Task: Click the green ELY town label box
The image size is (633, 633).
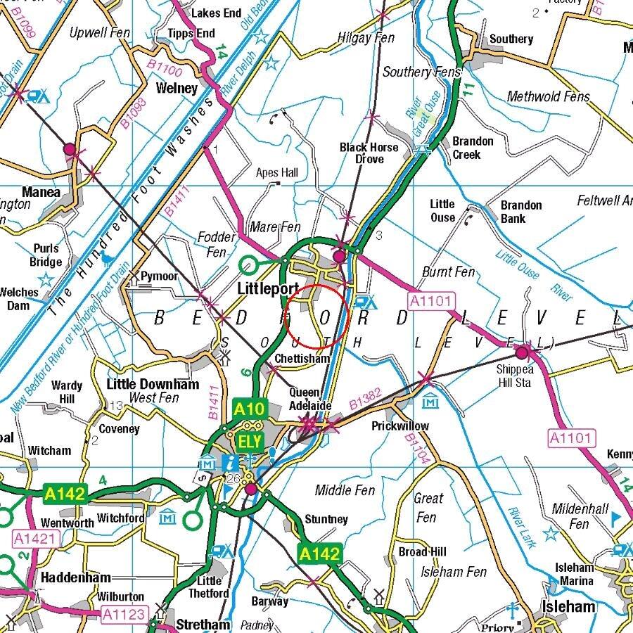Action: click(250, 442)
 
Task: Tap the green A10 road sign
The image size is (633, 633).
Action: click(249, 409)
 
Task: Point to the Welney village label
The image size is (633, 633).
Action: click(177, 88)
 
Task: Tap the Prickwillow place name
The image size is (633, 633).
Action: click(399, 426)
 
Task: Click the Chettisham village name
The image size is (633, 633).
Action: click(302, 359)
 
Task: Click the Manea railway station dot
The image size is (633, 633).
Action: click(70, 149)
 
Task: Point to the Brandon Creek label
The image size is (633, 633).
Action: click(473, 148)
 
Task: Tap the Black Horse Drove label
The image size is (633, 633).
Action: click(369, 153)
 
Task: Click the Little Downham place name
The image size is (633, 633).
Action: click(153, 384)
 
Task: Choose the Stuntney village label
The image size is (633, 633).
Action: click(326, 519)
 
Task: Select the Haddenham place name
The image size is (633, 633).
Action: click(75, 577)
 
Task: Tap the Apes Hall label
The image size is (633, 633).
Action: click(277, 173)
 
